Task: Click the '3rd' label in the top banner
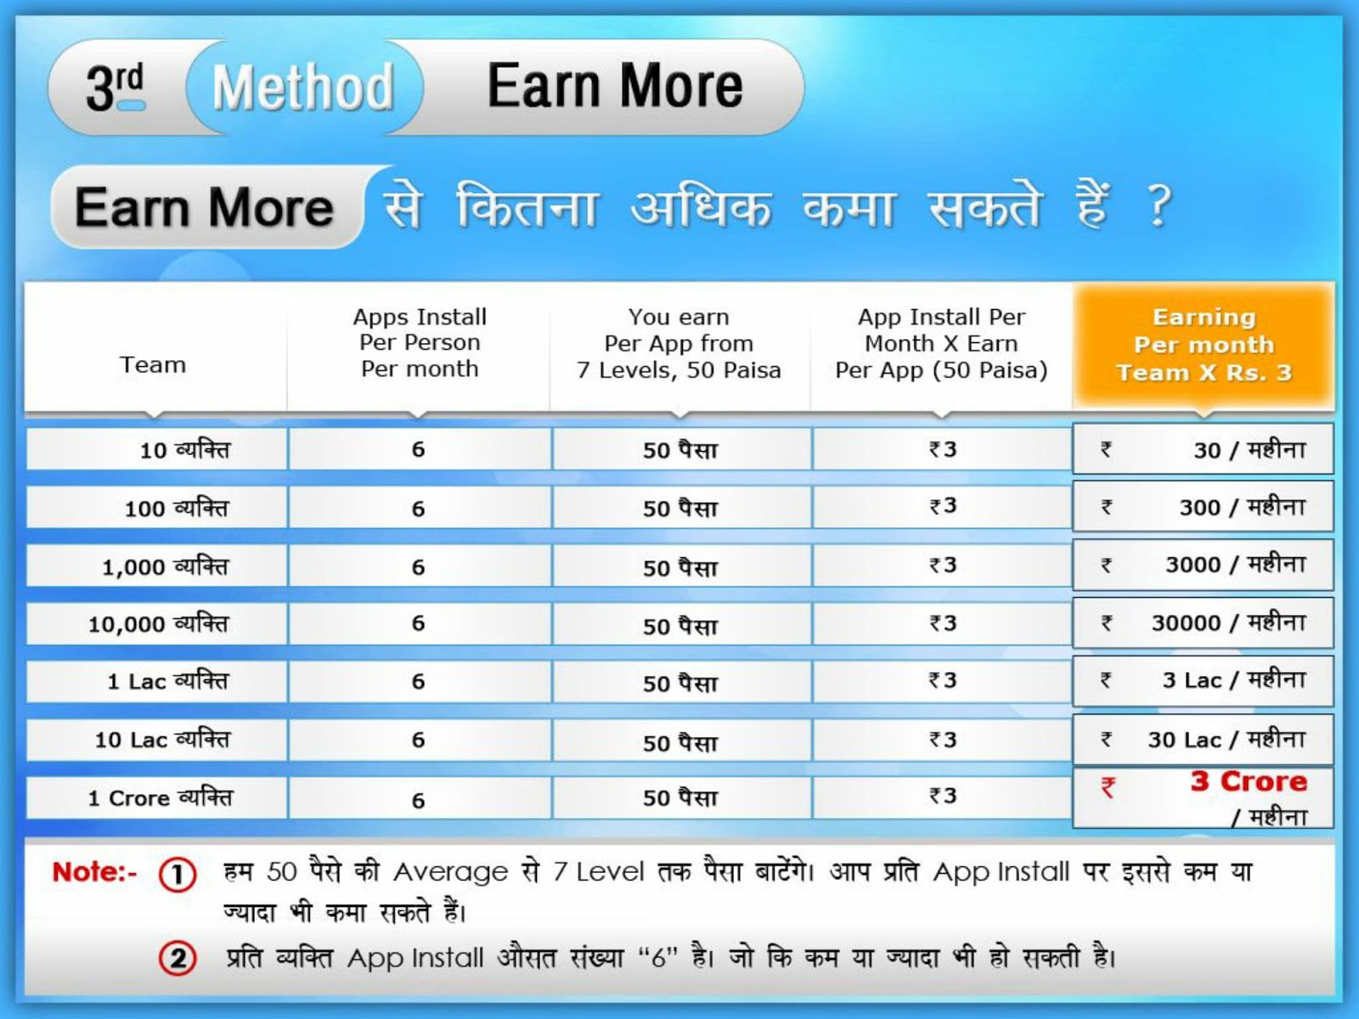click(x=115, y=87)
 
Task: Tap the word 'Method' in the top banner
click(x=303, y=87)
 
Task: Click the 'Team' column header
click(x=153, y=365)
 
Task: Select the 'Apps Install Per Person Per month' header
click(x=420, y=343)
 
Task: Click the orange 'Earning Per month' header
click(x=1204, y=345)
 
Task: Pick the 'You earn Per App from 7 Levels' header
click(x=679, y=344)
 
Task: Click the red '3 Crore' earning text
click(x=1249, y=781)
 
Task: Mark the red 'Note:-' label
click(x=94, y=872)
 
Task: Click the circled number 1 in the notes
click(x=178, y=875)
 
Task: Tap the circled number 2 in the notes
click(x=178, y=959)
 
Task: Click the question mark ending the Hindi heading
click(x=1159, y=205)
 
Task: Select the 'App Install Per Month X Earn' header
click(x=941, y=344)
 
